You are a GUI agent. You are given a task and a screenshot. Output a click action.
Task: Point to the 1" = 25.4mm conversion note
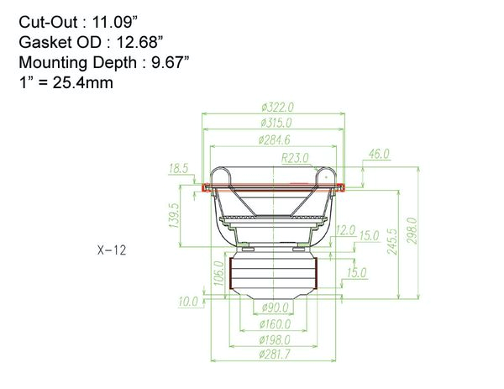coord(66,82)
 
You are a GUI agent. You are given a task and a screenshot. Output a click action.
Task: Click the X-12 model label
coord(112,250)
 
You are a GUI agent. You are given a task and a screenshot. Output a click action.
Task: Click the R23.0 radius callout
coord(295,157)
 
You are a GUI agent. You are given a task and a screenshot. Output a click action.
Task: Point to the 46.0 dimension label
coord(380,154)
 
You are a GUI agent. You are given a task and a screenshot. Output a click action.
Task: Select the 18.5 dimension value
coord(179,168)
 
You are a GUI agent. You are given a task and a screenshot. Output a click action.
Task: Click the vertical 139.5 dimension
coord(175,216)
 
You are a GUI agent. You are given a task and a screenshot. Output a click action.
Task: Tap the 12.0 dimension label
coord(345,229)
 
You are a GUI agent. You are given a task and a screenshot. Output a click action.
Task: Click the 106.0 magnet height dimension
coord(220,275)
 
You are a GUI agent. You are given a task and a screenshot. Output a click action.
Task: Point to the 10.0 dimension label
coord(187,301)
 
